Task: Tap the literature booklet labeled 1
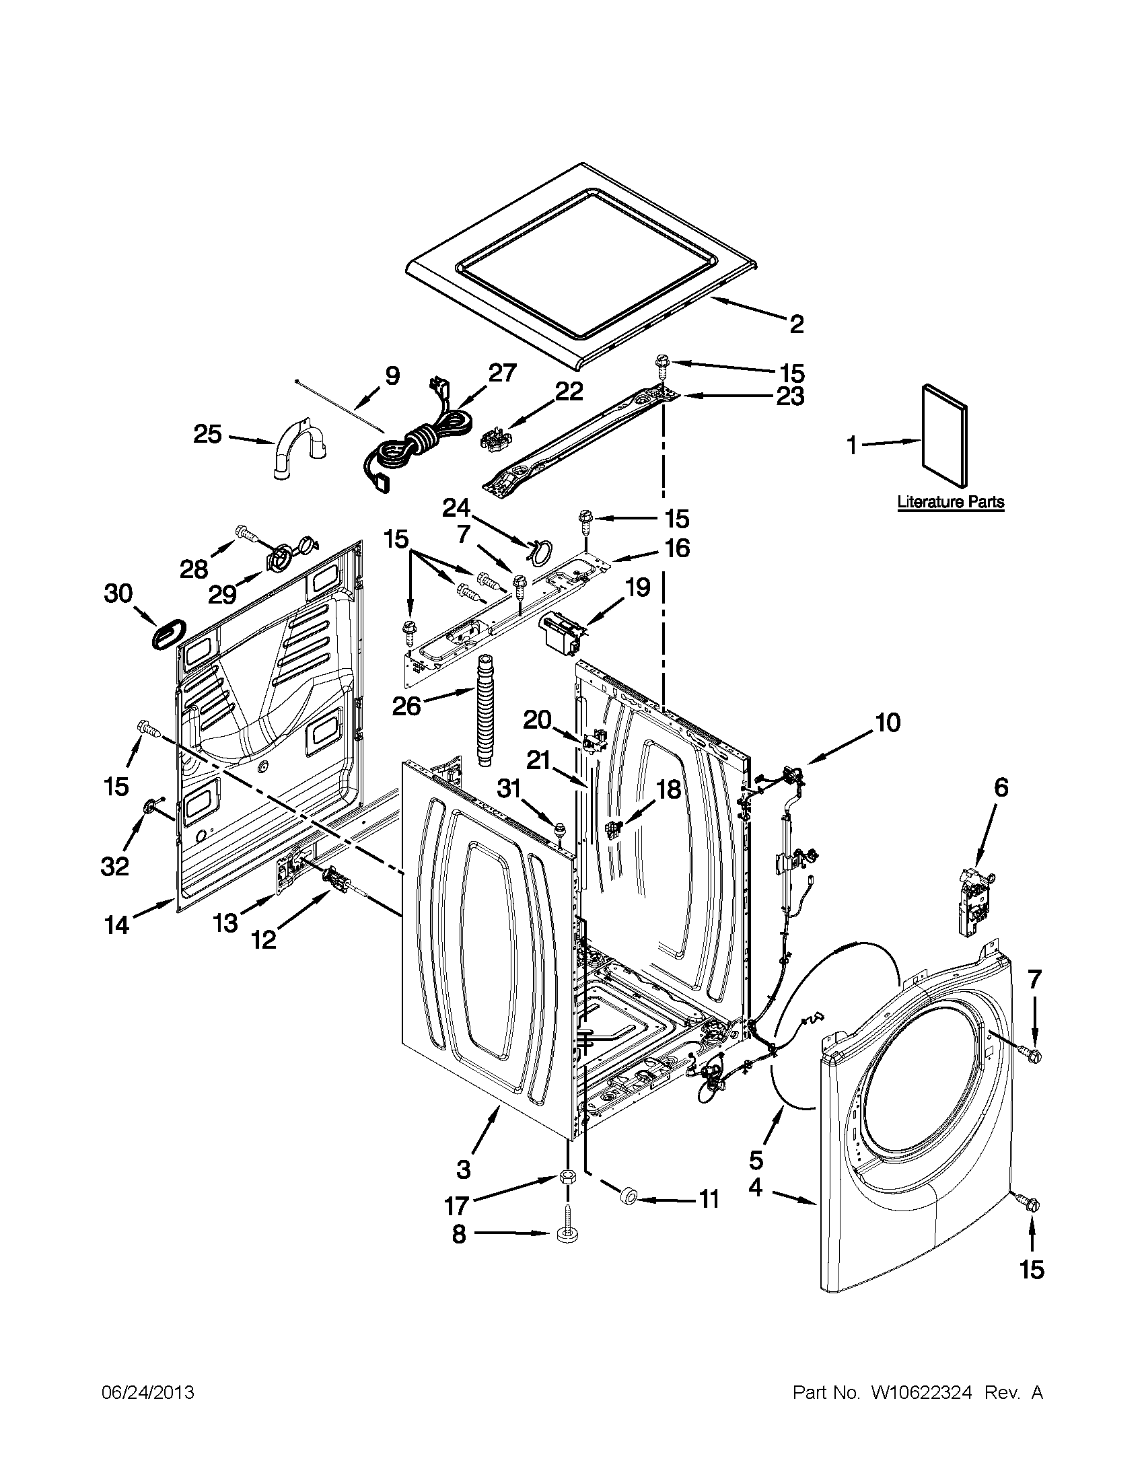tap(944, 435)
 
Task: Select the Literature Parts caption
tap(950, 503)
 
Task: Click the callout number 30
tap(118, 593)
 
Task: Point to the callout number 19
tap(637, 587)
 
